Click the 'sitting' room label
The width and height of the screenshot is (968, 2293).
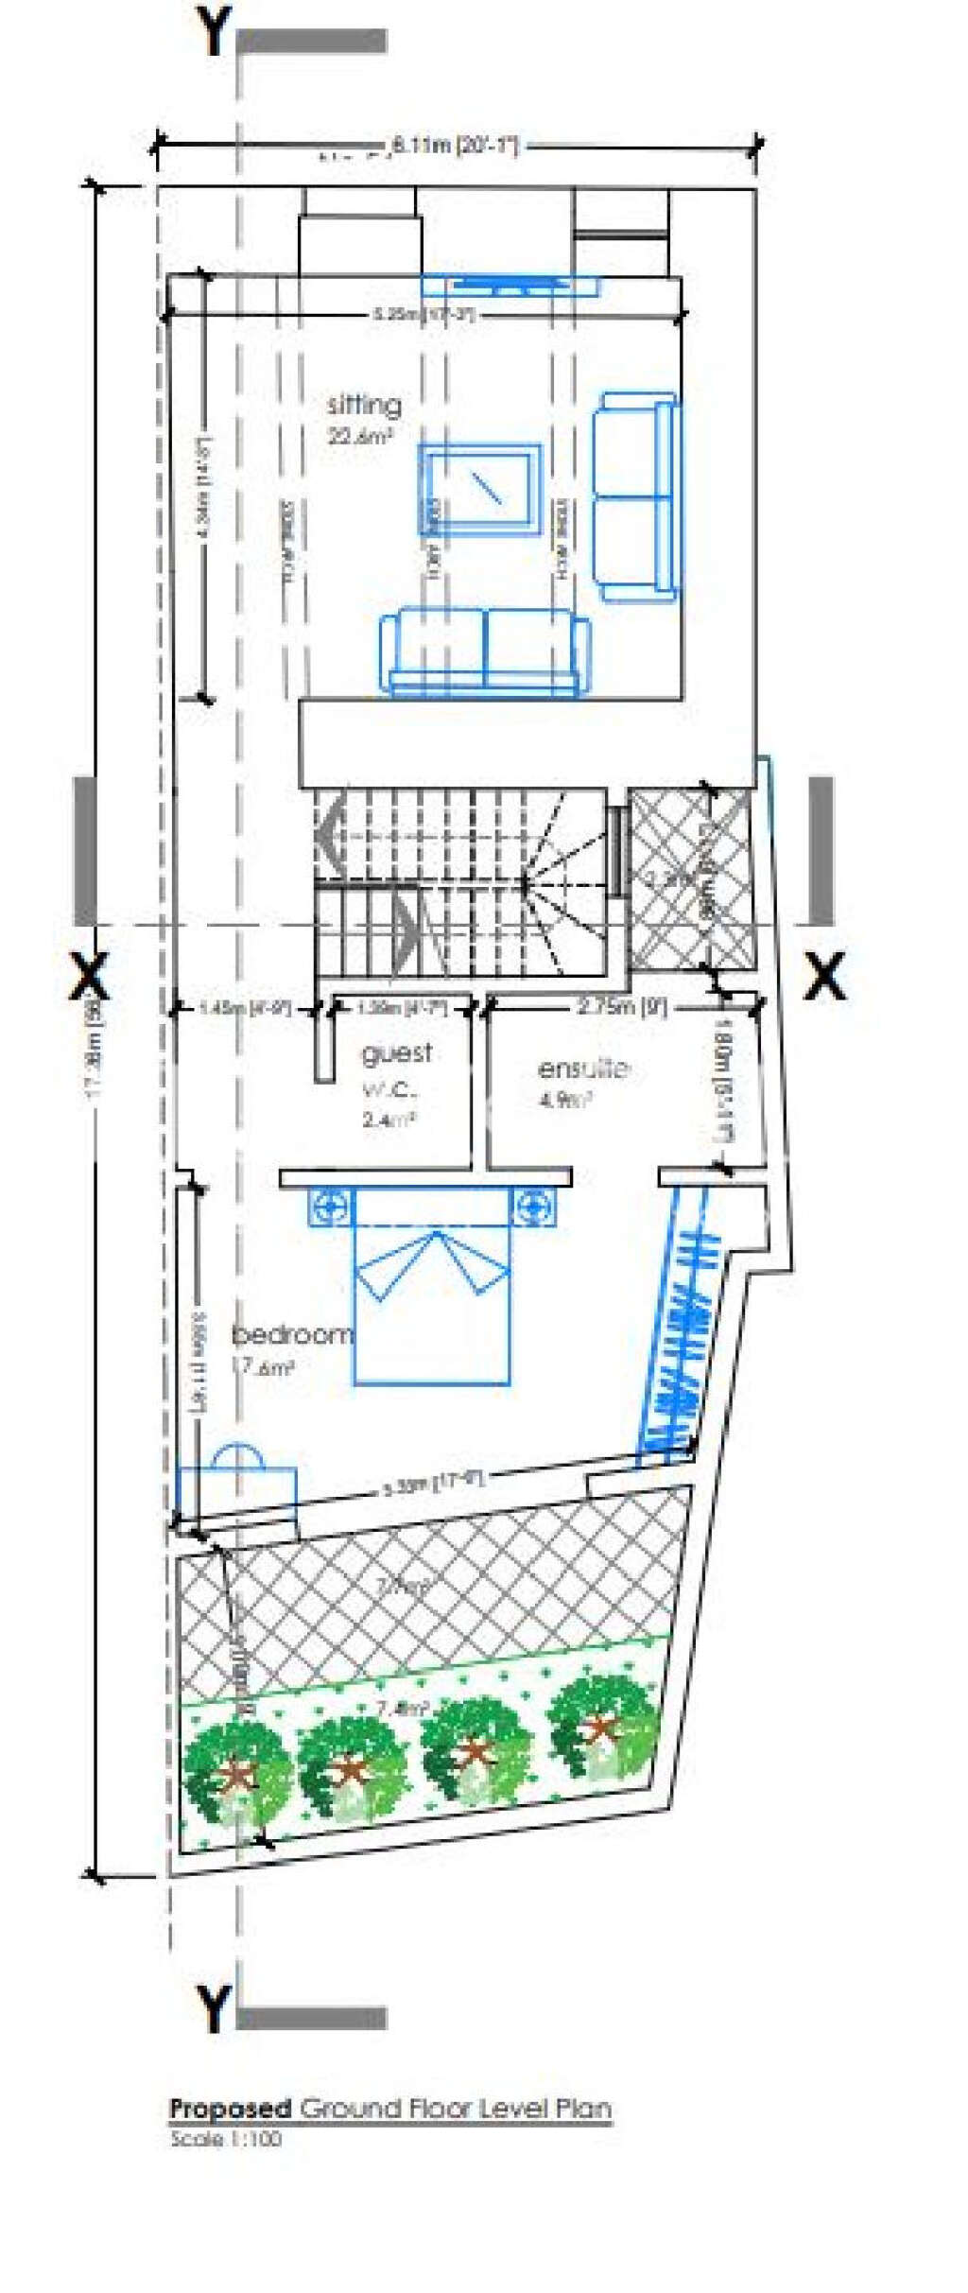(x=364, y=405)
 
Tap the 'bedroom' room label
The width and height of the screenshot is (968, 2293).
(x=292, y=1334)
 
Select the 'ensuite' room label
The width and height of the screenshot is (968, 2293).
(x=583, y=1068)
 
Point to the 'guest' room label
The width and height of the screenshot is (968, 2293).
(x=397, y=1053)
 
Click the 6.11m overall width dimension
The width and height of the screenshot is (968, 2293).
(x=455, y=146)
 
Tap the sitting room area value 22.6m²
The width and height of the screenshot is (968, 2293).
(x=359, y=436)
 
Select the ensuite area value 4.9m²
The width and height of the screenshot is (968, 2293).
(x=565, y=1100)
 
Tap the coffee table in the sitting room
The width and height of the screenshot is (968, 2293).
(x=480, y=488)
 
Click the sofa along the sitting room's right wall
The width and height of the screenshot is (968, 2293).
(x=636, y=497)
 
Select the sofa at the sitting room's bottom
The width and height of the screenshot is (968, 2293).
(x=484, y=651)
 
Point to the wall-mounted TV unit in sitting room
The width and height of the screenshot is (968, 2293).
(x=510, y=284)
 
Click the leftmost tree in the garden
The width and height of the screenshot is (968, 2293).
(x=236, y=1772)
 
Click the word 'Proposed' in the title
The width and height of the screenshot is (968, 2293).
(x=230, y=2108)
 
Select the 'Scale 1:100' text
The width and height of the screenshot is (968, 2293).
(x=225, y=2138)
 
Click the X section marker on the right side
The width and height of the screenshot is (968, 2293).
(x=824, y=976)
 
